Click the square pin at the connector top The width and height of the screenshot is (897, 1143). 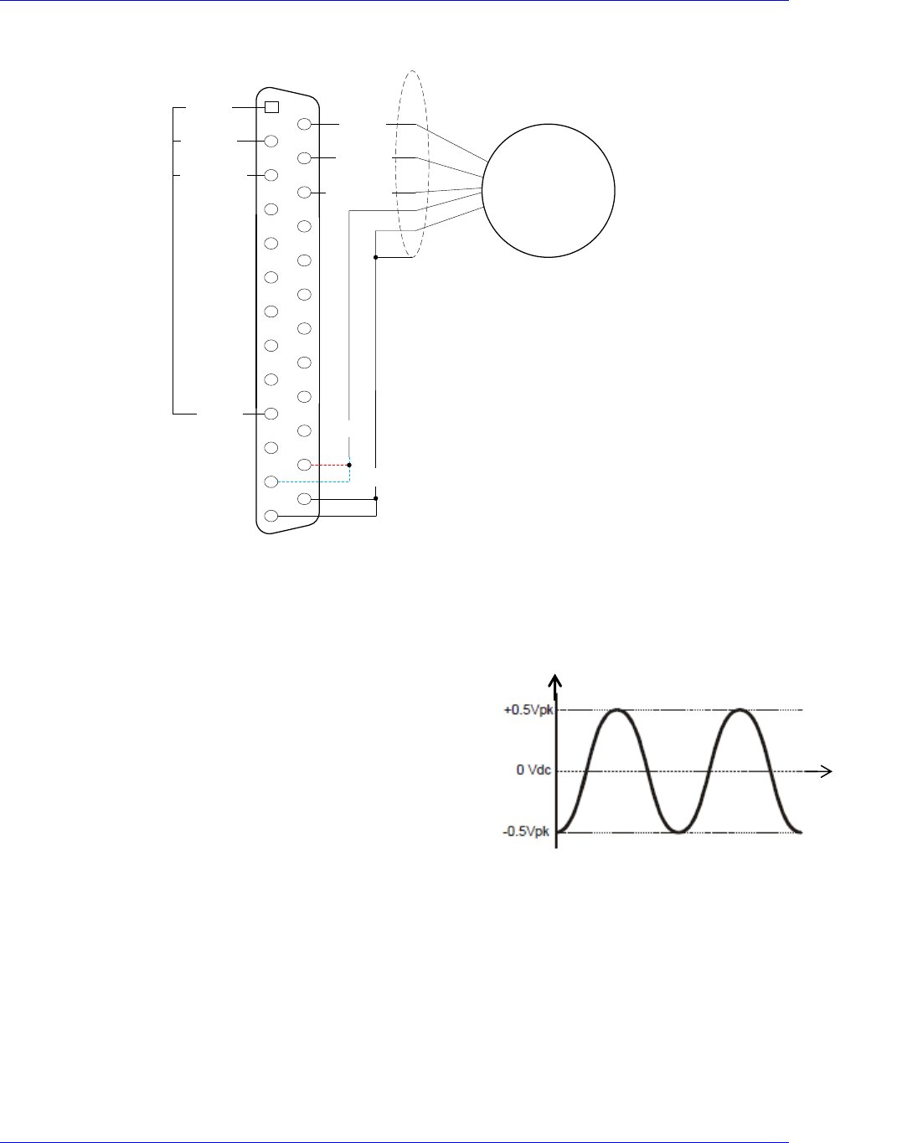271,107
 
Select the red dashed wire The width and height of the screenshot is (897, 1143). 330,465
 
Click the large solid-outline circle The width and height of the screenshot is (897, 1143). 549,124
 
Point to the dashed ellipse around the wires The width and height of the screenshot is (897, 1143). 396,164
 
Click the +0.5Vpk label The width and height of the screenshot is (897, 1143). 528,710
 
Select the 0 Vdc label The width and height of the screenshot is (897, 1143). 534,770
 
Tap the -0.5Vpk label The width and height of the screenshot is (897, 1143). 526,831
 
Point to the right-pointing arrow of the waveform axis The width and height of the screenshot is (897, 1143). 818,771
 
